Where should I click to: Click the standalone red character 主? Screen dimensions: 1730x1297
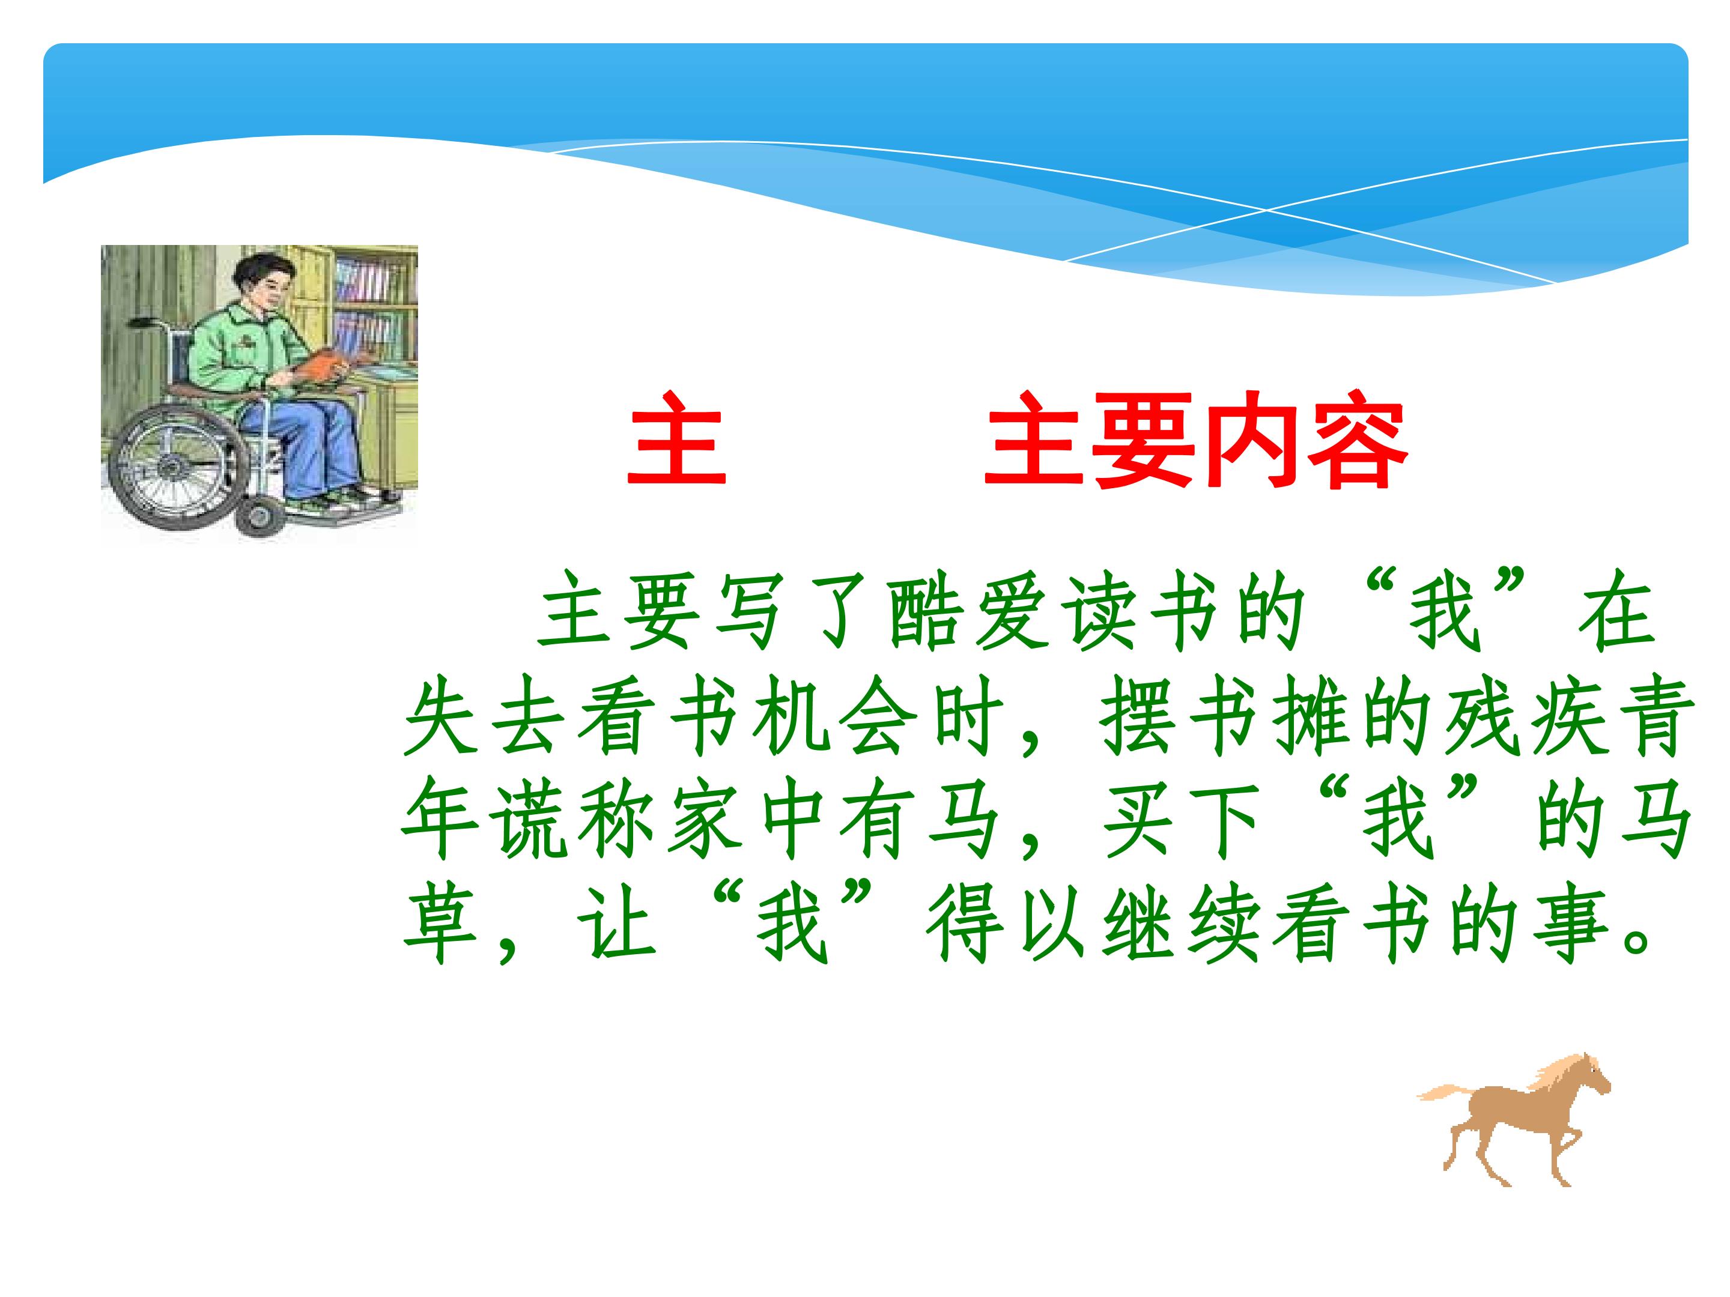(x=678, y=440)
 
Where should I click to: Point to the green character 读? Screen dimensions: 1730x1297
(x=1098, y=620)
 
